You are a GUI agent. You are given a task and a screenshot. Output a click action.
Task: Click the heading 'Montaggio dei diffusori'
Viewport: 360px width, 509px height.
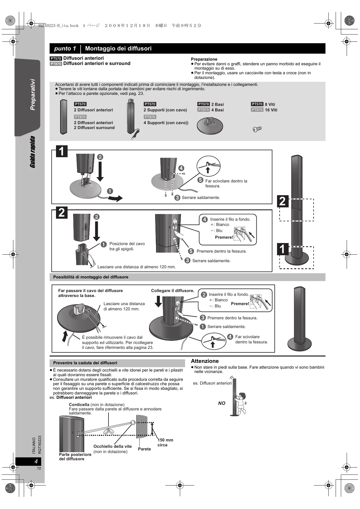click(x=118, y=48)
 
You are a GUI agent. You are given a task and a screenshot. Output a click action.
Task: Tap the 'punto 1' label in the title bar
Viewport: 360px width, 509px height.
click(x=65, y=48)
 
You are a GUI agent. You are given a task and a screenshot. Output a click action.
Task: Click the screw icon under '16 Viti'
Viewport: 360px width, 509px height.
click(x=257, y=129)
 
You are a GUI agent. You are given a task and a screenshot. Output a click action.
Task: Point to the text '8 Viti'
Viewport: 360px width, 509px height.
click(x=270, y=104)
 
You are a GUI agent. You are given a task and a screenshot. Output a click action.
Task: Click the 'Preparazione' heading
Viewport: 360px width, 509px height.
click(x=204, y=59)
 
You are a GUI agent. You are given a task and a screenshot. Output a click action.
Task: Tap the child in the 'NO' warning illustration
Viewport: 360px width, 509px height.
click(x=241, y=403)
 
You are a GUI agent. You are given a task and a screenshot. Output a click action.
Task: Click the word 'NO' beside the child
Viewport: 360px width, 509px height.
click(x=222, y=403)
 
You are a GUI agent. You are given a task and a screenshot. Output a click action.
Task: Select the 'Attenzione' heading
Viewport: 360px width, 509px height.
click(x=205, y=361)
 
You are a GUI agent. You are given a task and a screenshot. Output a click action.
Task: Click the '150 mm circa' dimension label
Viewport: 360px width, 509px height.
click(x=165, y=442)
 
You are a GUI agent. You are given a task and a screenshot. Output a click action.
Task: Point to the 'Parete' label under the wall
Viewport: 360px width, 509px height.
click(x=144, y=449)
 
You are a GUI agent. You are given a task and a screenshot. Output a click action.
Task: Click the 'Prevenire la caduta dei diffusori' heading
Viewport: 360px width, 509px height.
click(x=85, y=363)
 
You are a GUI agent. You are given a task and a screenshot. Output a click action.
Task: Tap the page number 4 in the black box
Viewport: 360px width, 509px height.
click(x=36, y=461)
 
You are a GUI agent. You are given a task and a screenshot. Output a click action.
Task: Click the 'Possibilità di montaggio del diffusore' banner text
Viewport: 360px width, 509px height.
click(x=91, y=277)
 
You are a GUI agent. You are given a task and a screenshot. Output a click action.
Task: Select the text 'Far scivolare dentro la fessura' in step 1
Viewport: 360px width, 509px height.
click(x=226, y=183)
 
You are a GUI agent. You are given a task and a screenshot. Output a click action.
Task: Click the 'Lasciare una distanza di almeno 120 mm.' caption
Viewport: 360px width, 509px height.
click(x=137, y=267)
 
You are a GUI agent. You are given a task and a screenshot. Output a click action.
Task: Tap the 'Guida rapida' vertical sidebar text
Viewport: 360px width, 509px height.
click(x=32, y=152)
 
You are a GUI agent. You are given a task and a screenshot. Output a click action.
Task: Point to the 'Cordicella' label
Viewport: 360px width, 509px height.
click(x=79, y=405)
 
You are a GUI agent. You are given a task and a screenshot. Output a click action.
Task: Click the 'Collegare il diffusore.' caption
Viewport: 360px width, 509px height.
click(x=173, y=291)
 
